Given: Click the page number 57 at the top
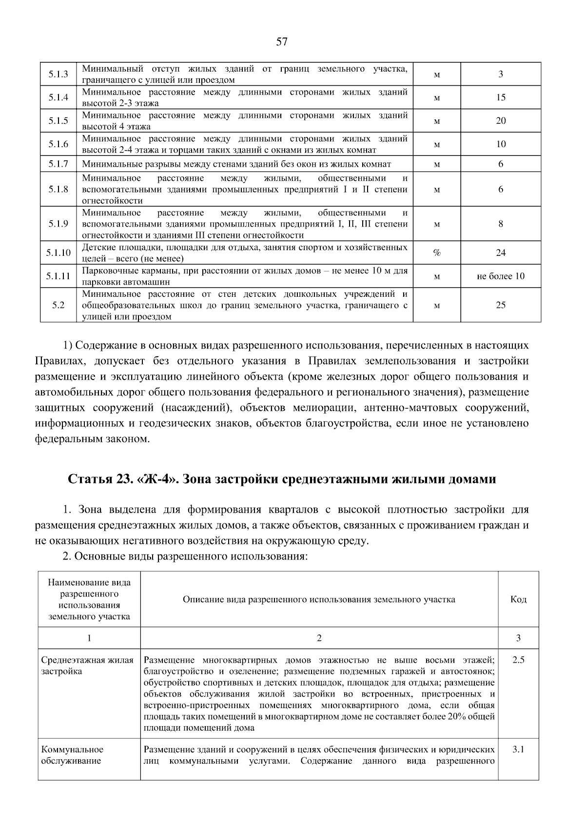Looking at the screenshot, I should (281, 42).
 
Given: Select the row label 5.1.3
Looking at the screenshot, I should (58, 75).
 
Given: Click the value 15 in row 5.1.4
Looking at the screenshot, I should (501, 97).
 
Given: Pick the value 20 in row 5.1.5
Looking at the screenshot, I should (501, 121).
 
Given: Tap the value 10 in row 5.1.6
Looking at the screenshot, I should (501, 144).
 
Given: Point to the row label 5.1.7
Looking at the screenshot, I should (58, 164).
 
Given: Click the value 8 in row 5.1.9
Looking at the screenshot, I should (501, 224).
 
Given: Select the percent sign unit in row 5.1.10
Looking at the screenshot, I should (437, 253).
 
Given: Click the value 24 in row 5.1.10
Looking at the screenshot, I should (501, 253).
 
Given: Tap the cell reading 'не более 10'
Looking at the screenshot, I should (501, 276).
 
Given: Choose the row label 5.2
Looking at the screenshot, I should (58, 305).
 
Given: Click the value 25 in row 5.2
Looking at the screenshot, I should (501, 305).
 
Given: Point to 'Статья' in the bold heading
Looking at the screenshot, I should (90, 479).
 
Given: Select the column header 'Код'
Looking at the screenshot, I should (518, 599).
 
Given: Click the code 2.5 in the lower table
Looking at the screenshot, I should (518, 660).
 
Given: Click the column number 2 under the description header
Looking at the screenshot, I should (319, 638).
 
